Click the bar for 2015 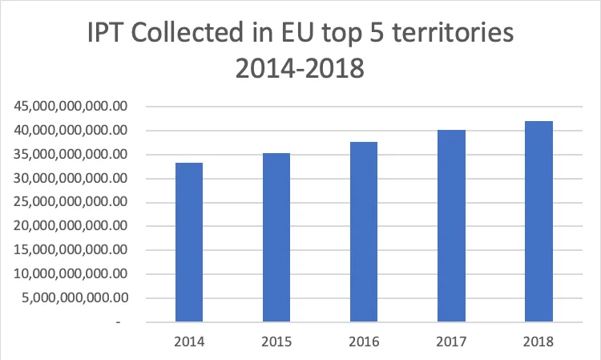coord(276,237)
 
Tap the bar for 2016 coord(364,232)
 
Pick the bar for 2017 coord(451,226)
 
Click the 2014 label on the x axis coord(189,342)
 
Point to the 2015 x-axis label coord(276,342)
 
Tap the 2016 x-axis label coord(364,342)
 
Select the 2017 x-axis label coord(451,342)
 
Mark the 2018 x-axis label coord(538,342)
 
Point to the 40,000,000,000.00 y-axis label coord(69,130)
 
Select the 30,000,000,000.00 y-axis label coord(69,178)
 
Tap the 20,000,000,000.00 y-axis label coord(69,226)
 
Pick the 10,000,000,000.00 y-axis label coord(69,274)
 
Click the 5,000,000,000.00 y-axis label coord(73,298)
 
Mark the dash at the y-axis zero coord(119,322)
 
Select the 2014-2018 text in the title coord(300,70)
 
